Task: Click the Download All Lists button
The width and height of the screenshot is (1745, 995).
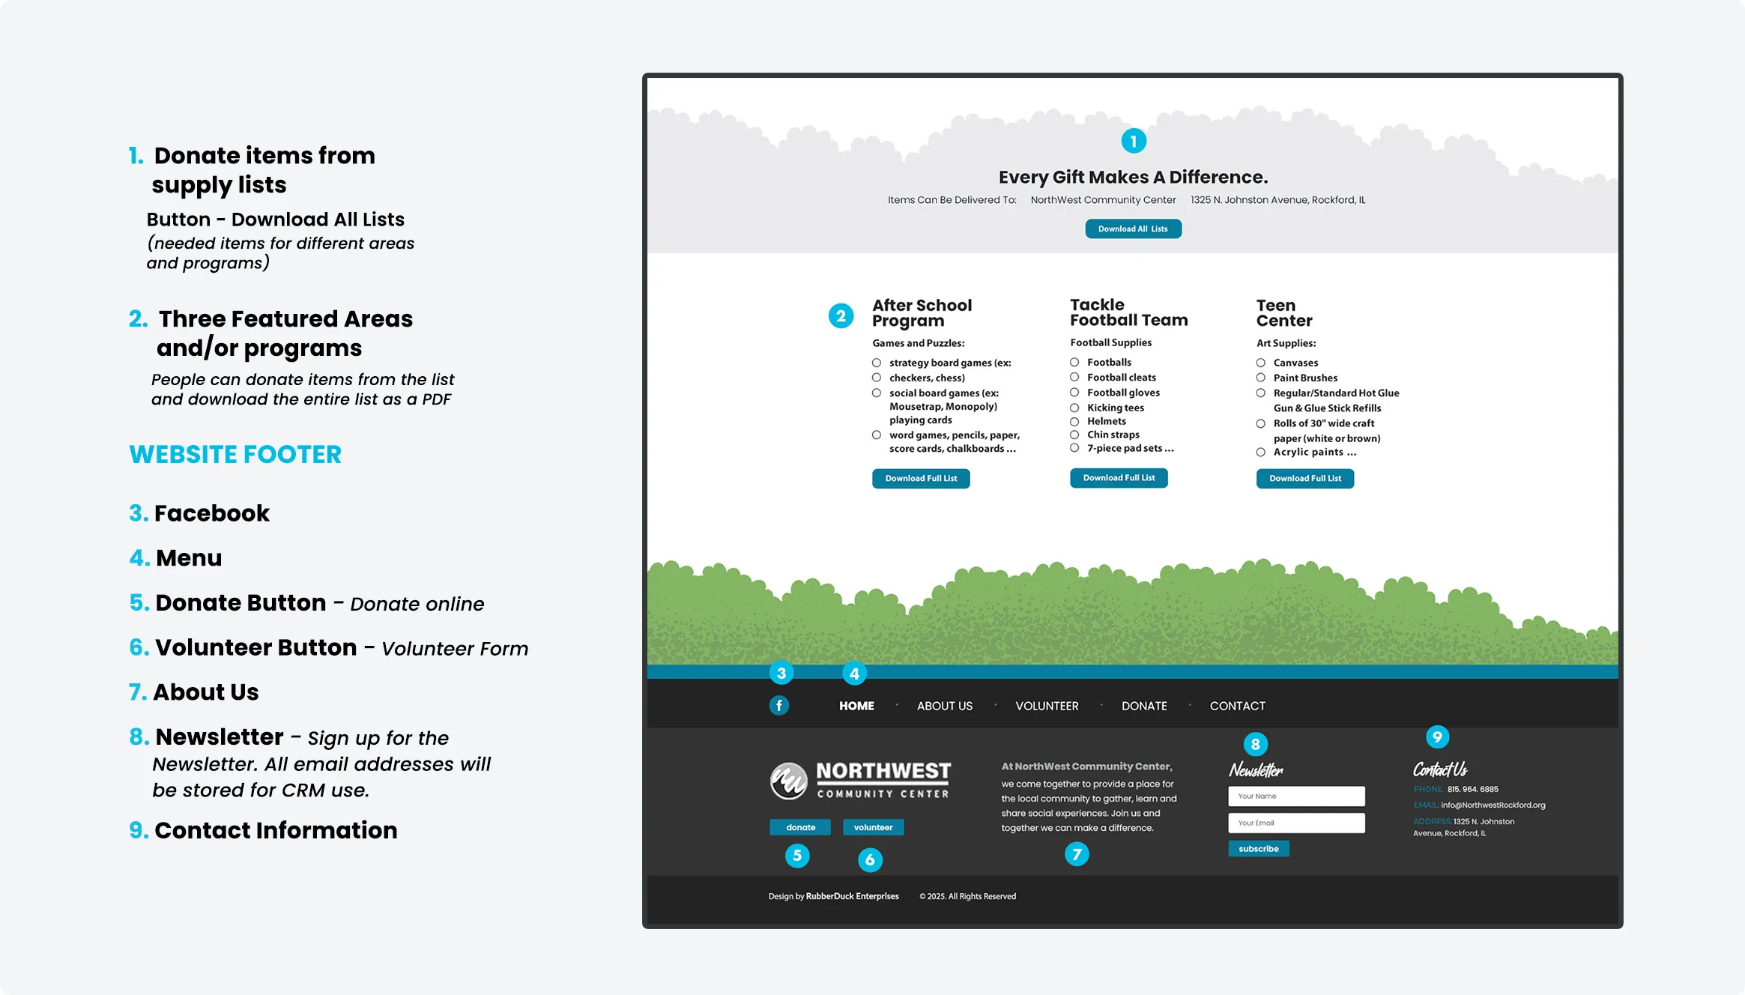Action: point(1133,229)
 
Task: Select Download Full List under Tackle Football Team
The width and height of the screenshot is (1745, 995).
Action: point(1119,478)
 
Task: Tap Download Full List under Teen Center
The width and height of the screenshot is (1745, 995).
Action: point(1304,478)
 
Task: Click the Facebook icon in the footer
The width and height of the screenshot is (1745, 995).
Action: point(779,705)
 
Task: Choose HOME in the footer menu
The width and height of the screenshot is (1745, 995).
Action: point(856,706)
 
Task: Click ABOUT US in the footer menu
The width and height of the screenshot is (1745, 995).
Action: point(944,706)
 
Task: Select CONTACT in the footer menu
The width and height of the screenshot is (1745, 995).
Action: point(1237,706)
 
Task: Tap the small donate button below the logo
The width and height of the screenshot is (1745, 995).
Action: point(800,827)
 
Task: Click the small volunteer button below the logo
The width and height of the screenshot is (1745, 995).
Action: point(873,827)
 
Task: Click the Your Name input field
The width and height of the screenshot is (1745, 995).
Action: point(1296,796)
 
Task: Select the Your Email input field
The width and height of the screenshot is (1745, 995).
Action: point(1296,823)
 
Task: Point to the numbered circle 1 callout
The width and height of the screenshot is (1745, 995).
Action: point(1134,141)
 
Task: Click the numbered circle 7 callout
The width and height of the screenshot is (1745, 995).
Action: point(1077,854)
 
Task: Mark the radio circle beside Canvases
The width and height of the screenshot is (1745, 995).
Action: point(1261,363)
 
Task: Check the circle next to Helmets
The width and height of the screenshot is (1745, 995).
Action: point(1074,421)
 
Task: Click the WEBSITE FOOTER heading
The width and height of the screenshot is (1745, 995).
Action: point(235,455)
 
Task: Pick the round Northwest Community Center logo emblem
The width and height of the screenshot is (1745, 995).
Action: point(788,781)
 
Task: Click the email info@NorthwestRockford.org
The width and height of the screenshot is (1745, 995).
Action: point(1493,805)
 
